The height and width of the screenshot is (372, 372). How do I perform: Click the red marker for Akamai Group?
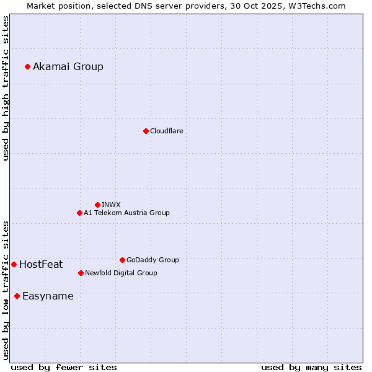27,66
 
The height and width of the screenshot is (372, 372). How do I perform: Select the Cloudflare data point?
146,131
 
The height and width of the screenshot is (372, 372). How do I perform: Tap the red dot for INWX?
97,205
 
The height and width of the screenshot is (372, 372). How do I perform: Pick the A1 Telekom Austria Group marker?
79,213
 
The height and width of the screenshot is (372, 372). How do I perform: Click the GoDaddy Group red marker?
122,260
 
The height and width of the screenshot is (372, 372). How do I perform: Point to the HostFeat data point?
14,264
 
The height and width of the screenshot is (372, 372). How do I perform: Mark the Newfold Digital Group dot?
81,273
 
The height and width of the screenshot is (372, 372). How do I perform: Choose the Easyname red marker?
17,296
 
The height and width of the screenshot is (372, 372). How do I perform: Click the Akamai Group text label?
68,66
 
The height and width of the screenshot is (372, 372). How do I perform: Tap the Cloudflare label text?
167,131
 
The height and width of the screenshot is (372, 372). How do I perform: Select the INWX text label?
112,205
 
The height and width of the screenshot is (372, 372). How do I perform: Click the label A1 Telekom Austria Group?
126,213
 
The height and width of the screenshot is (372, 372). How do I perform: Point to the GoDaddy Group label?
153,260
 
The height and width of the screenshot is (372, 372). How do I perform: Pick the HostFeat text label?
41,264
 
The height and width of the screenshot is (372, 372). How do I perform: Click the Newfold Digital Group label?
121,273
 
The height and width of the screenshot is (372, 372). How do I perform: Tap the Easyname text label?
48,296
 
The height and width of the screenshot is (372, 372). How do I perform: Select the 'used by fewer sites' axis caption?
64,367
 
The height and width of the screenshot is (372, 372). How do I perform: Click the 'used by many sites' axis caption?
311,367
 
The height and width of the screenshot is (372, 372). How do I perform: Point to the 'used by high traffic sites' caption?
6,88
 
